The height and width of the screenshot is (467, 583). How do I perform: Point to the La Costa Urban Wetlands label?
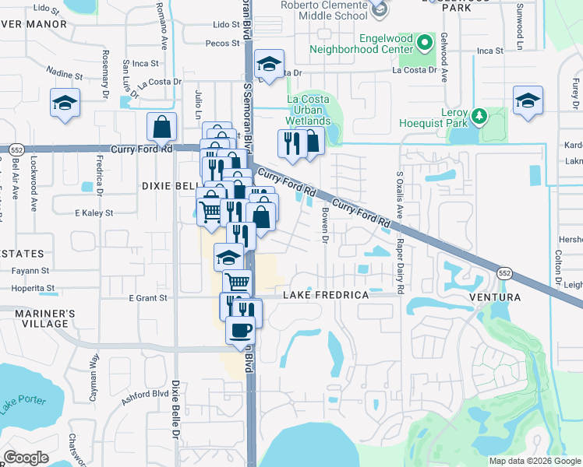click(309, 110)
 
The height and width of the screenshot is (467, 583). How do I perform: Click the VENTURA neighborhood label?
click(494, 298)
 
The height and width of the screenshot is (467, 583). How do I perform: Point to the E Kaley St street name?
click(94, 212)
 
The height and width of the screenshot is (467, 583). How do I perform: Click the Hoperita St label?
click(37, 287)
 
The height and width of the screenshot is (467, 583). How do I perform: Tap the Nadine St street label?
click(65, 75)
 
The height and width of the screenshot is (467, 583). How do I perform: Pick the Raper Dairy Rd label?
click(400, 265)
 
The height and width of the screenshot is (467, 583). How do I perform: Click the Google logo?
click(26, 458)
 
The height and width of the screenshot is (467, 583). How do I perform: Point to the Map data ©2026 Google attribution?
click(534, 461)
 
